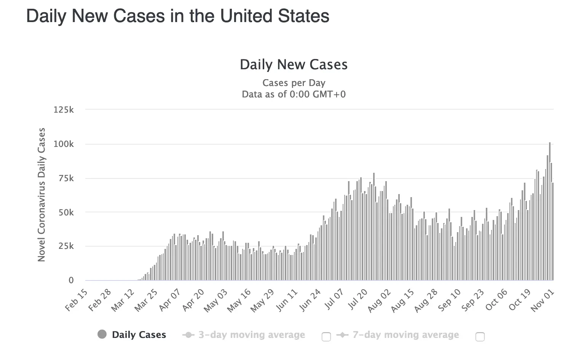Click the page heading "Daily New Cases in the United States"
tap(177, 16)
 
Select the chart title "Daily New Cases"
tap(294, 65)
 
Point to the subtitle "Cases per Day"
tap(294, 83)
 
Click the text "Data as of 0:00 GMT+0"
tap(294, 94)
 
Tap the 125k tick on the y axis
tap(64, 110)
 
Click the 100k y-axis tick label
tap(64, 144)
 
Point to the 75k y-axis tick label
tap(66, 178)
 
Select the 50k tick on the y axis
tap(66, 212)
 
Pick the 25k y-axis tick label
tap(66, 246)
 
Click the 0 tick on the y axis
tap(71, 280)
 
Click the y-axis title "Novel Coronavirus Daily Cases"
tap(41, 195)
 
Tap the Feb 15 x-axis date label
tap(76, 300)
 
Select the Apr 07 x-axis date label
tap(170, 300)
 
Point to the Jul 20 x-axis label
tap(358, 300)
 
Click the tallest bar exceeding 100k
tap(550, 212)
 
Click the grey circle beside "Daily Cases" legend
tap(102, 335)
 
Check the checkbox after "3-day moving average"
tap(326, 337)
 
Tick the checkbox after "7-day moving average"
tap(480, 337)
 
